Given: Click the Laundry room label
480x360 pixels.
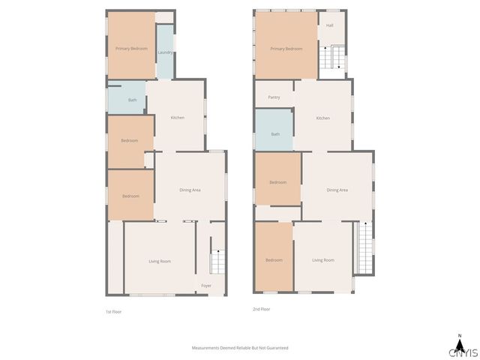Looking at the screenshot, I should pos(166,52).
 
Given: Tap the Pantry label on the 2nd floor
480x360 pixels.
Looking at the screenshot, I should pos(274,97).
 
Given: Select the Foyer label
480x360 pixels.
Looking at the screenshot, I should pos(206,286).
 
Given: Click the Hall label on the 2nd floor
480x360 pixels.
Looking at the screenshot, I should pos(329,25).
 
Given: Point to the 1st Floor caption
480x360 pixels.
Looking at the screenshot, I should pos(113,310).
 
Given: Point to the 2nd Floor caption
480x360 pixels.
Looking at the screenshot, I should pos(261,309).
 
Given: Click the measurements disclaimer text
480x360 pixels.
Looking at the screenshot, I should pos(240,348).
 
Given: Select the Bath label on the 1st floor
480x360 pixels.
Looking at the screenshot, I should pos(132,100).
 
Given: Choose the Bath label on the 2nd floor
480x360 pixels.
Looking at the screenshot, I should pos(275,134).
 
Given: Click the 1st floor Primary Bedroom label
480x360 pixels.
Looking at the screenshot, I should pos(131,49).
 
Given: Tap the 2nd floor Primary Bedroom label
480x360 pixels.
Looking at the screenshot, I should pos(286,49).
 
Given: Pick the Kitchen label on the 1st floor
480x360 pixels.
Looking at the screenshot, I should pos(178,118).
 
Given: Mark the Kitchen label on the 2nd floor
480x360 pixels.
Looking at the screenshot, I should pos(322,118).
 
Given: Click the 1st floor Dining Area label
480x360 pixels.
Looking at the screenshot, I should pos(190,190).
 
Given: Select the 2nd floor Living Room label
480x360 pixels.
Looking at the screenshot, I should pos(323,260).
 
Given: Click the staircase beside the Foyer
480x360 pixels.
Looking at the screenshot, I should pos(217,260).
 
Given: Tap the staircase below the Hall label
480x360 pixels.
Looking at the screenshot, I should pos(333,58).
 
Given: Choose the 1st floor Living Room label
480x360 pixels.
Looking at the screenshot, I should pos(160,261).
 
